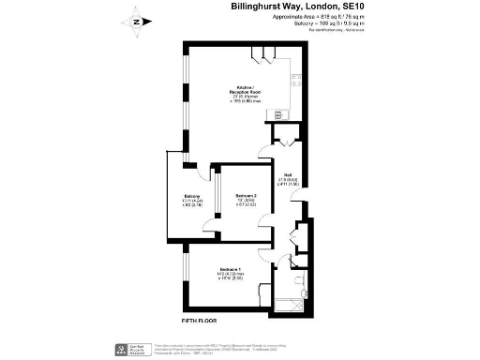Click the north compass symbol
(x=137, y=20)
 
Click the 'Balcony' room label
(x=190, y=196)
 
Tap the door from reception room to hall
(x=278, y=140)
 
